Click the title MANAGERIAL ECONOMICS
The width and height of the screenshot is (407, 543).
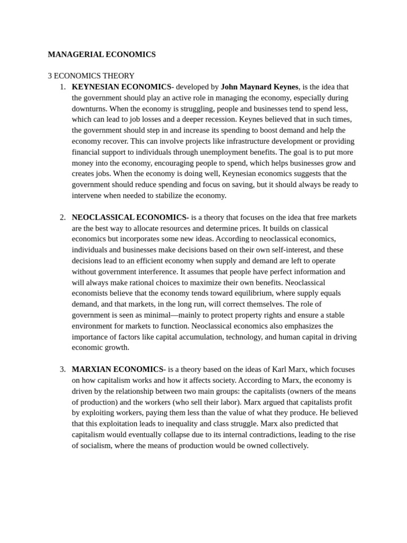point(102,54)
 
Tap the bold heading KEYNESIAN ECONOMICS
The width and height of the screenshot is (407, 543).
point(121,86)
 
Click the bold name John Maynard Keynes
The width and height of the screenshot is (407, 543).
point(260,86)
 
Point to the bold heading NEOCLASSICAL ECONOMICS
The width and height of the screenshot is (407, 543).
point(129,217)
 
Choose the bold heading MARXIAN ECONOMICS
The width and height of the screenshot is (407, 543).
point(118,369)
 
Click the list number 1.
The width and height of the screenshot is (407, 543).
point(63,86)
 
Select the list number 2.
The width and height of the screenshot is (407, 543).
point(63,217)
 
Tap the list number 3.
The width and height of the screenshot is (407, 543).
point(63,369)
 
